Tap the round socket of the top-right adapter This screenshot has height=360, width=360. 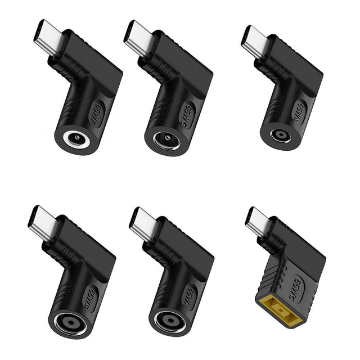280,136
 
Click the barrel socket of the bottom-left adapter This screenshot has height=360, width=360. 71,323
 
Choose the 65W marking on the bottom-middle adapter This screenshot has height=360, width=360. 190,294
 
